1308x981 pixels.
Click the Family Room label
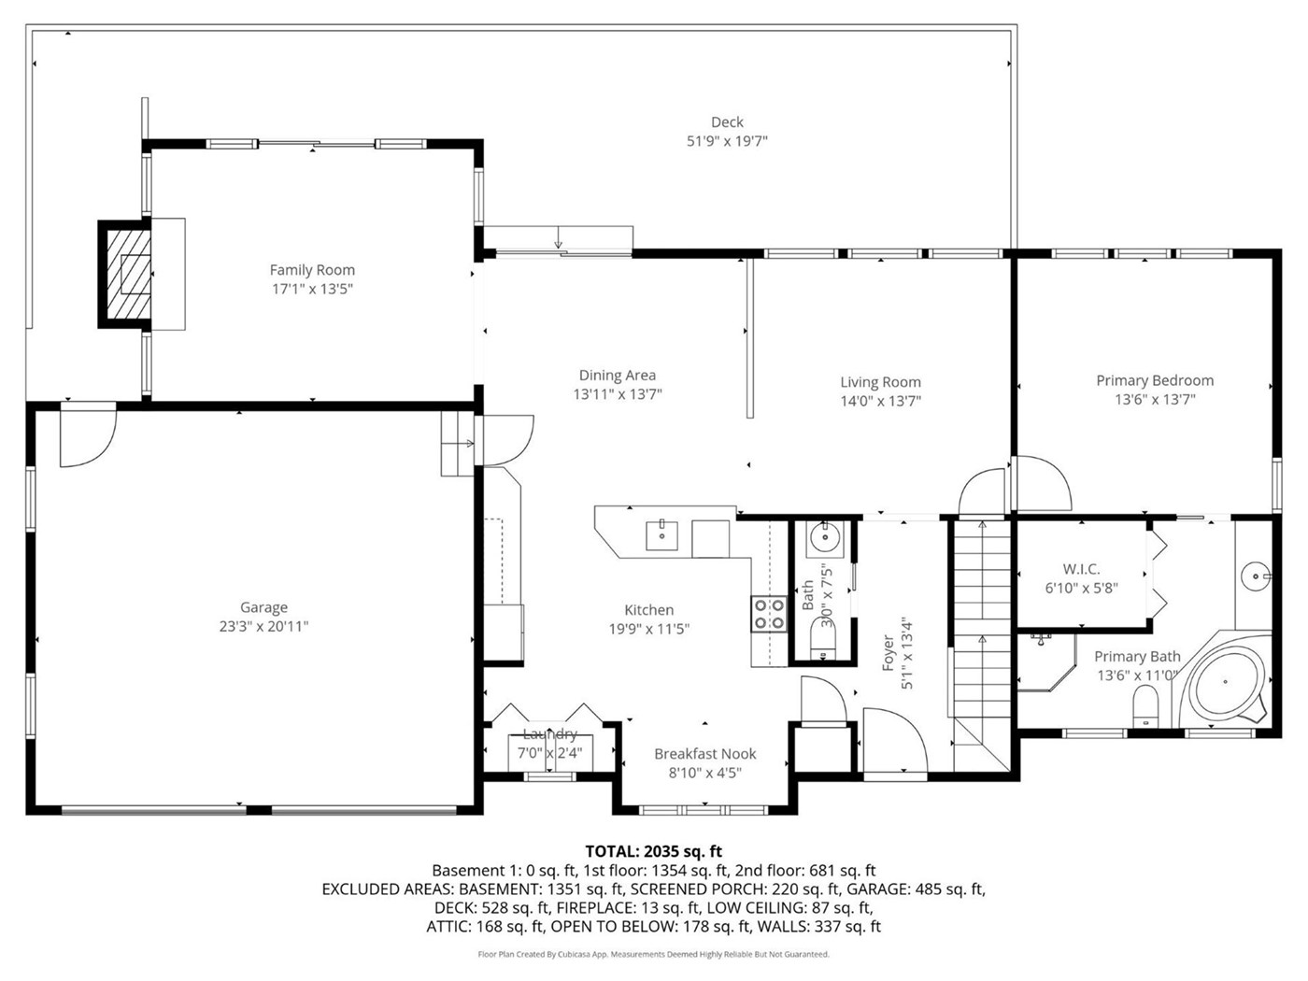click(312, 270)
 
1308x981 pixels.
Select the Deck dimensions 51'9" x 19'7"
click(727, 141)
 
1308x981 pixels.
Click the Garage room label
click(263, 607)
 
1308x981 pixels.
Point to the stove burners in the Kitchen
click(769, 614)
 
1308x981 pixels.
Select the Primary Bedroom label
click(1155, 380)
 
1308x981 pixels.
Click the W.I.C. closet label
click(1081, 569)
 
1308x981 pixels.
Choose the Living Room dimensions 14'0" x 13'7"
click(881, 401)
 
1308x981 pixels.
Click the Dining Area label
click(618, 376)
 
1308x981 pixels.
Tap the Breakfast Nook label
click(705, 754)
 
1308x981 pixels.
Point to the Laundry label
click(549, 733)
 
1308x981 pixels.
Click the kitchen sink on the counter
click(662, 535)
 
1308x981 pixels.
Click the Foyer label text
click(888, 653)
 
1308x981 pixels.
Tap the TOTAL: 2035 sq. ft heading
click(653, 851)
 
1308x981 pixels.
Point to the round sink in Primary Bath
click(1255, 576)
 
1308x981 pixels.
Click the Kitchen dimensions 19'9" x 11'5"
click(649, 629)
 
